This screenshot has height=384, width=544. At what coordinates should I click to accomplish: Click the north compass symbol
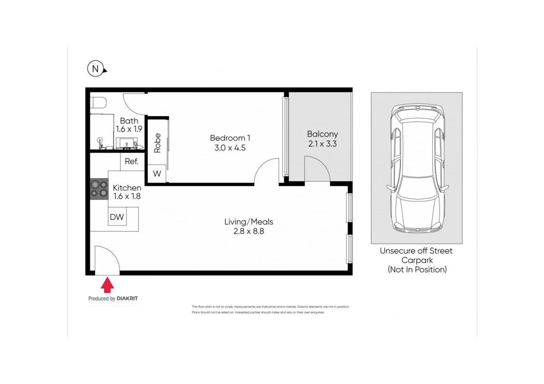pos(95,69)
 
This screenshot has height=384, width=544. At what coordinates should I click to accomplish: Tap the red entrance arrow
pos(107,285)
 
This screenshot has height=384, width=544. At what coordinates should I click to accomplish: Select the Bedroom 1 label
pos(230,138)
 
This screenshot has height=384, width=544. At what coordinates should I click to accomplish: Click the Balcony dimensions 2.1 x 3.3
pos(322,144)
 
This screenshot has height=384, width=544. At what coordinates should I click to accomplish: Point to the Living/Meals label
pos(249,222)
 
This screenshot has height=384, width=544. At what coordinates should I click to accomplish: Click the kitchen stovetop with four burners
pos(99,189)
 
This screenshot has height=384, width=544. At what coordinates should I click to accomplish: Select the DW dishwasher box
pos(117,217)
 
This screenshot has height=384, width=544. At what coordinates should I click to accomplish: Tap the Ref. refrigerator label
pos(131,161)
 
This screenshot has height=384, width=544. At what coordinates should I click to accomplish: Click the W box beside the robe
pos(157,174)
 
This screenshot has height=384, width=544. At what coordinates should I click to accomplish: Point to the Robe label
pos(157,143)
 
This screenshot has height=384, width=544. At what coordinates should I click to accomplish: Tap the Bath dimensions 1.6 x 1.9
pos(129,129)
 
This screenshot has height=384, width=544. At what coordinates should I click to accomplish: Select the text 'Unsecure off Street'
pos(416,251)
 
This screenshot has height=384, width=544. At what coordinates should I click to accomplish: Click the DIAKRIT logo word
pos(127,299)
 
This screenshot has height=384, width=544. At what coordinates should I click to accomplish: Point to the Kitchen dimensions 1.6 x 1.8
pos(127,196)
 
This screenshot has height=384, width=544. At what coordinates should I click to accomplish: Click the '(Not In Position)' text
pos(417,270)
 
